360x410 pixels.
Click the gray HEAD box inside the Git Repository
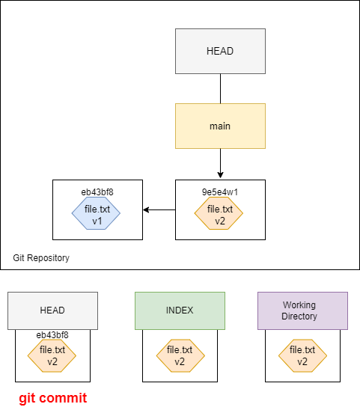[220, 51]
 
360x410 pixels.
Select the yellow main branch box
[220, 126]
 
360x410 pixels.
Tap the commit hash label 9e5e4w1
[220, 192]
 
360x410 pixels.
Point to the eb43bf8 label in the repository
[97, 192]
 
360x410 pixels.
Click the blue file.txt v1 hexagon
[96, 213]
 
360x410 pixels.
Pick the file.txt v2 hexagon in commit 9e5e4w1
[219, 213]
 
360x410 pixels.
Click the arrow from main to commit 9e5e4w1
[220, 163]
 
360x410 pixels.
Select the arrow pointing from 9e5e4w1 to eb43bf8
[159, 209]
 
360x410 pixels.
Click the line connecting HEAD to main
[220, 88]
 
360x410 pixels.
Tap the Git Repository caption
[41, 258]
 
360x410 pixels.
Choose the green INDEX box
[180, 311]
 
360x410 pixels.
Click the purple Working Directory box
[302, 311]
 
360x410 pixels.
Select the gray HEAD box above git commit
[53, 311]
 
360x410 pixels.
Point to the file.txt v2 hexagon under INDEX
[180, 355]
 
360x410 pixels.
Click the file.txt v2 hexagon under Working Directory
[302, 355]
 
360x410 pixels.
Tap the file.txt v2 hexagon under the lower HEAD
[52, 355]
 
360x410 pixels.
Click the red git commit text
[53, 398]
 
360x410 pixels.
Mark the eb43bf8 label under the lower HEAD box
[52, 335]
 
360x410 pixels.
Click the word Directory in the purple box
[299, 316]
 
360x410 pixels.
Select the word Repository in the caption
[49, 258]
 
